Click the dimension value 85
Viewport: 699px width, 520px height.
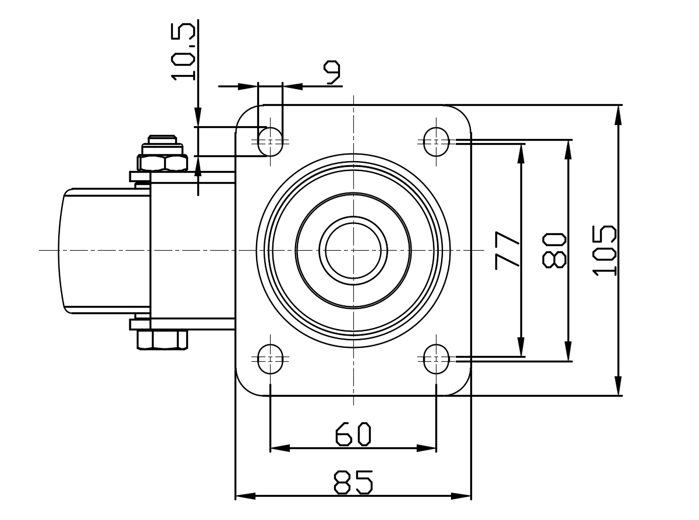coord(353,482)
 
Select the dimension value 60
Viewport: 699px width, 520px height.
coord(353,434)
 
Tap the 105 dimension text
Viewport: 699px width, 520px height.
coord(604,251)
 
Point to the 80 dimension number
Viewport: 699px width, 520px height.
coord(554,251)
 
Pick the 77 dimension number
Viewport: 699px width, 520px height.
coord(507,251)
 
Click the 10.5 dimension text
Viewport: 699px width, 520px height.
coord(183,52)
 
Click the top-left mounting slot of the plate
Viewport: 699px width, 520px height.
coord(270,142)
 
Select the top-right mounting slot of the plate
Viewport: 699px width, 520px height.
coord(436,142)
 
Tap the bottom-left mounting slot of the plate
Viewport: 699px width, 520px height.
coord(270,359)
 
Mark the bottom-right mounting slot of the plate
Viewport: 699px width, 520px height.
coord(436,359)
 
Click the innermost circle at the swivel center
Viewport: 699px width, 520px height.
coord(353,223)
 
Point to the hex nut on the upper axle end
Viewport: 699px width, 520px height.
coord(162,162)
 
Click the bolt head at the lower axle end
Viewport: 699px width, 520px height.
coord(162,340)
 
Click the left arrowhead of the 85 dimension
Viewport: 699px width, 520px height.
coord(245,496)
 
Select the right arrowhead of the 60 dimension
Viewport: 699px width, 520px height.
coord(427,448)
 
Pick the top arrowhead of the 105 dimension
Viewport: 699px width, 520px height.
coord(619,115)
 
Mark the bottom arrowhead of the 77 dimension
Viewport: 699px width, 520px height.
coord(521,347)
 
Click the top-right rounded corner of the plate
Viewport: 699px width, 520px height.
coord(463,113)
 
